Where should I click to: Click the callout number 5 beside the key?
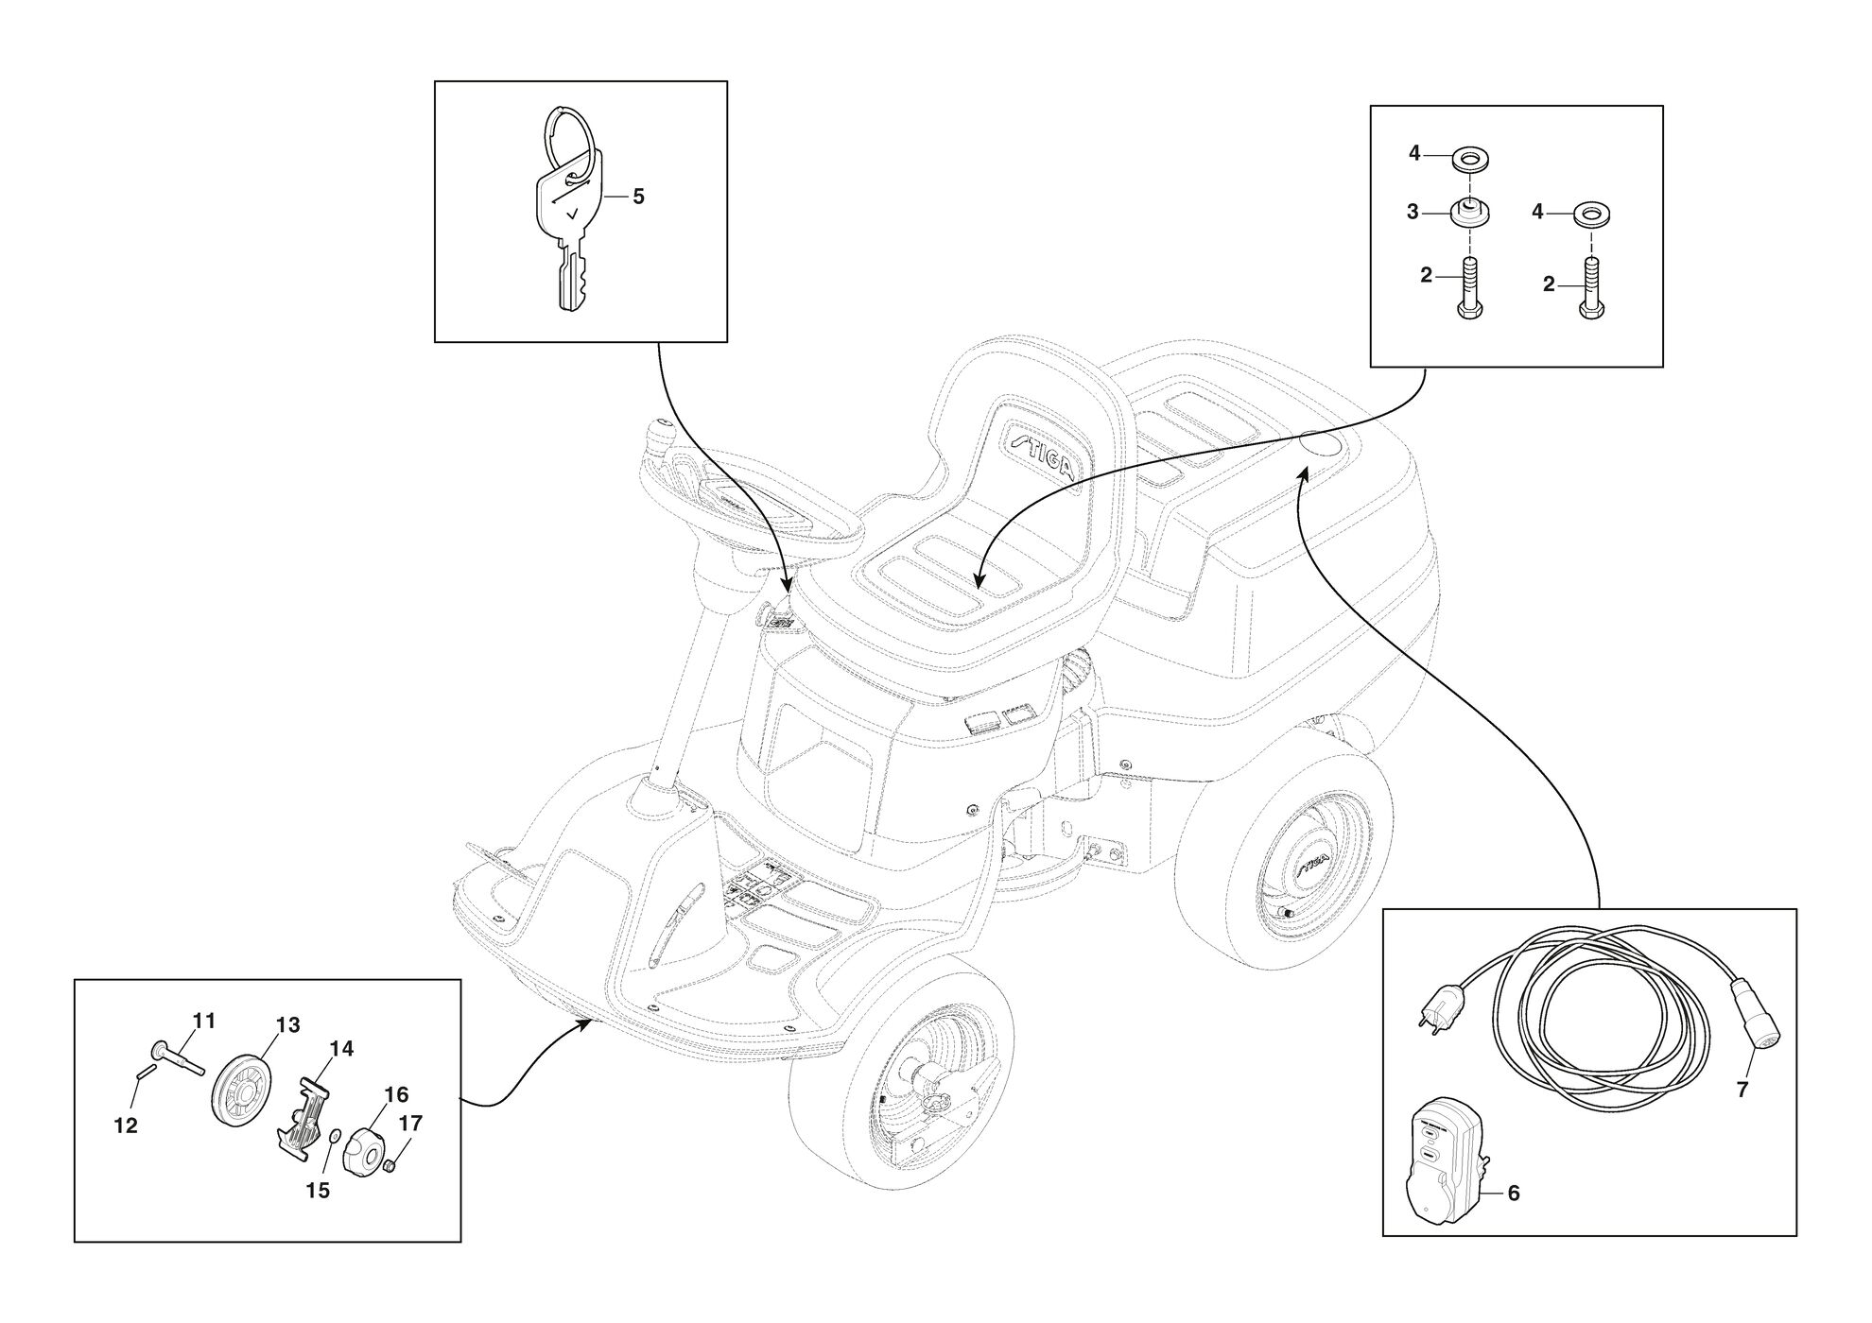(638, 197)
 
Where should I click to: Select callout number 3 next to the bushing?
(1413, 213)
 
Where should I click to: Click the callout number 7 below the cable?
(1742, 1090)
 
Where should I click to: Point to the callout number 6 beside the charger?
(1514, 1194)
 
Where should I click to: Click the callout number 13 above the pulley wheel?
(287, 1025)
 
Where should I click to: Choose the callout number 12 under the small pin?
(126, 1126)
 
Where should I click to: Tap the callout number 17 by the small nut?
(410, 1124)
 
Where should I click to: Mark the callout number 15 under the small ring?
(319, 1191)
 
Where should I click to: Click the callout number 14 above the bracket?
(341, 1048)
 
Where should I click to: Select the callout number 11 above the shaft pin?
(204, 1021)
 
